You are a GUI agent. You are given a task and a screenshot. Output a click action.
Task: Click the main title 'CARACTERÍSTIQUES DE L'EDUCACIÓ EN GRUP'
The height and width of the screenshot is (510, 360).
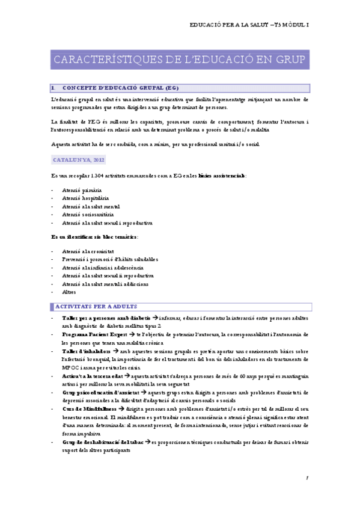(180, 60)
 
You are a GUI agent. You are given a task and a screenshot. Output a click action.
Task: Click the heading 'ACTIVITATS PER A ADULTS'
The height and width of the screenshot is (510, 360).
(97, 306)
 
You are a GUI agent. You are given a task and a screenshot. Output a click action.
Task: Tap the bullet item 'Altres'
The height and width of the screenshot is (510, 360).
(69, 292)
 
